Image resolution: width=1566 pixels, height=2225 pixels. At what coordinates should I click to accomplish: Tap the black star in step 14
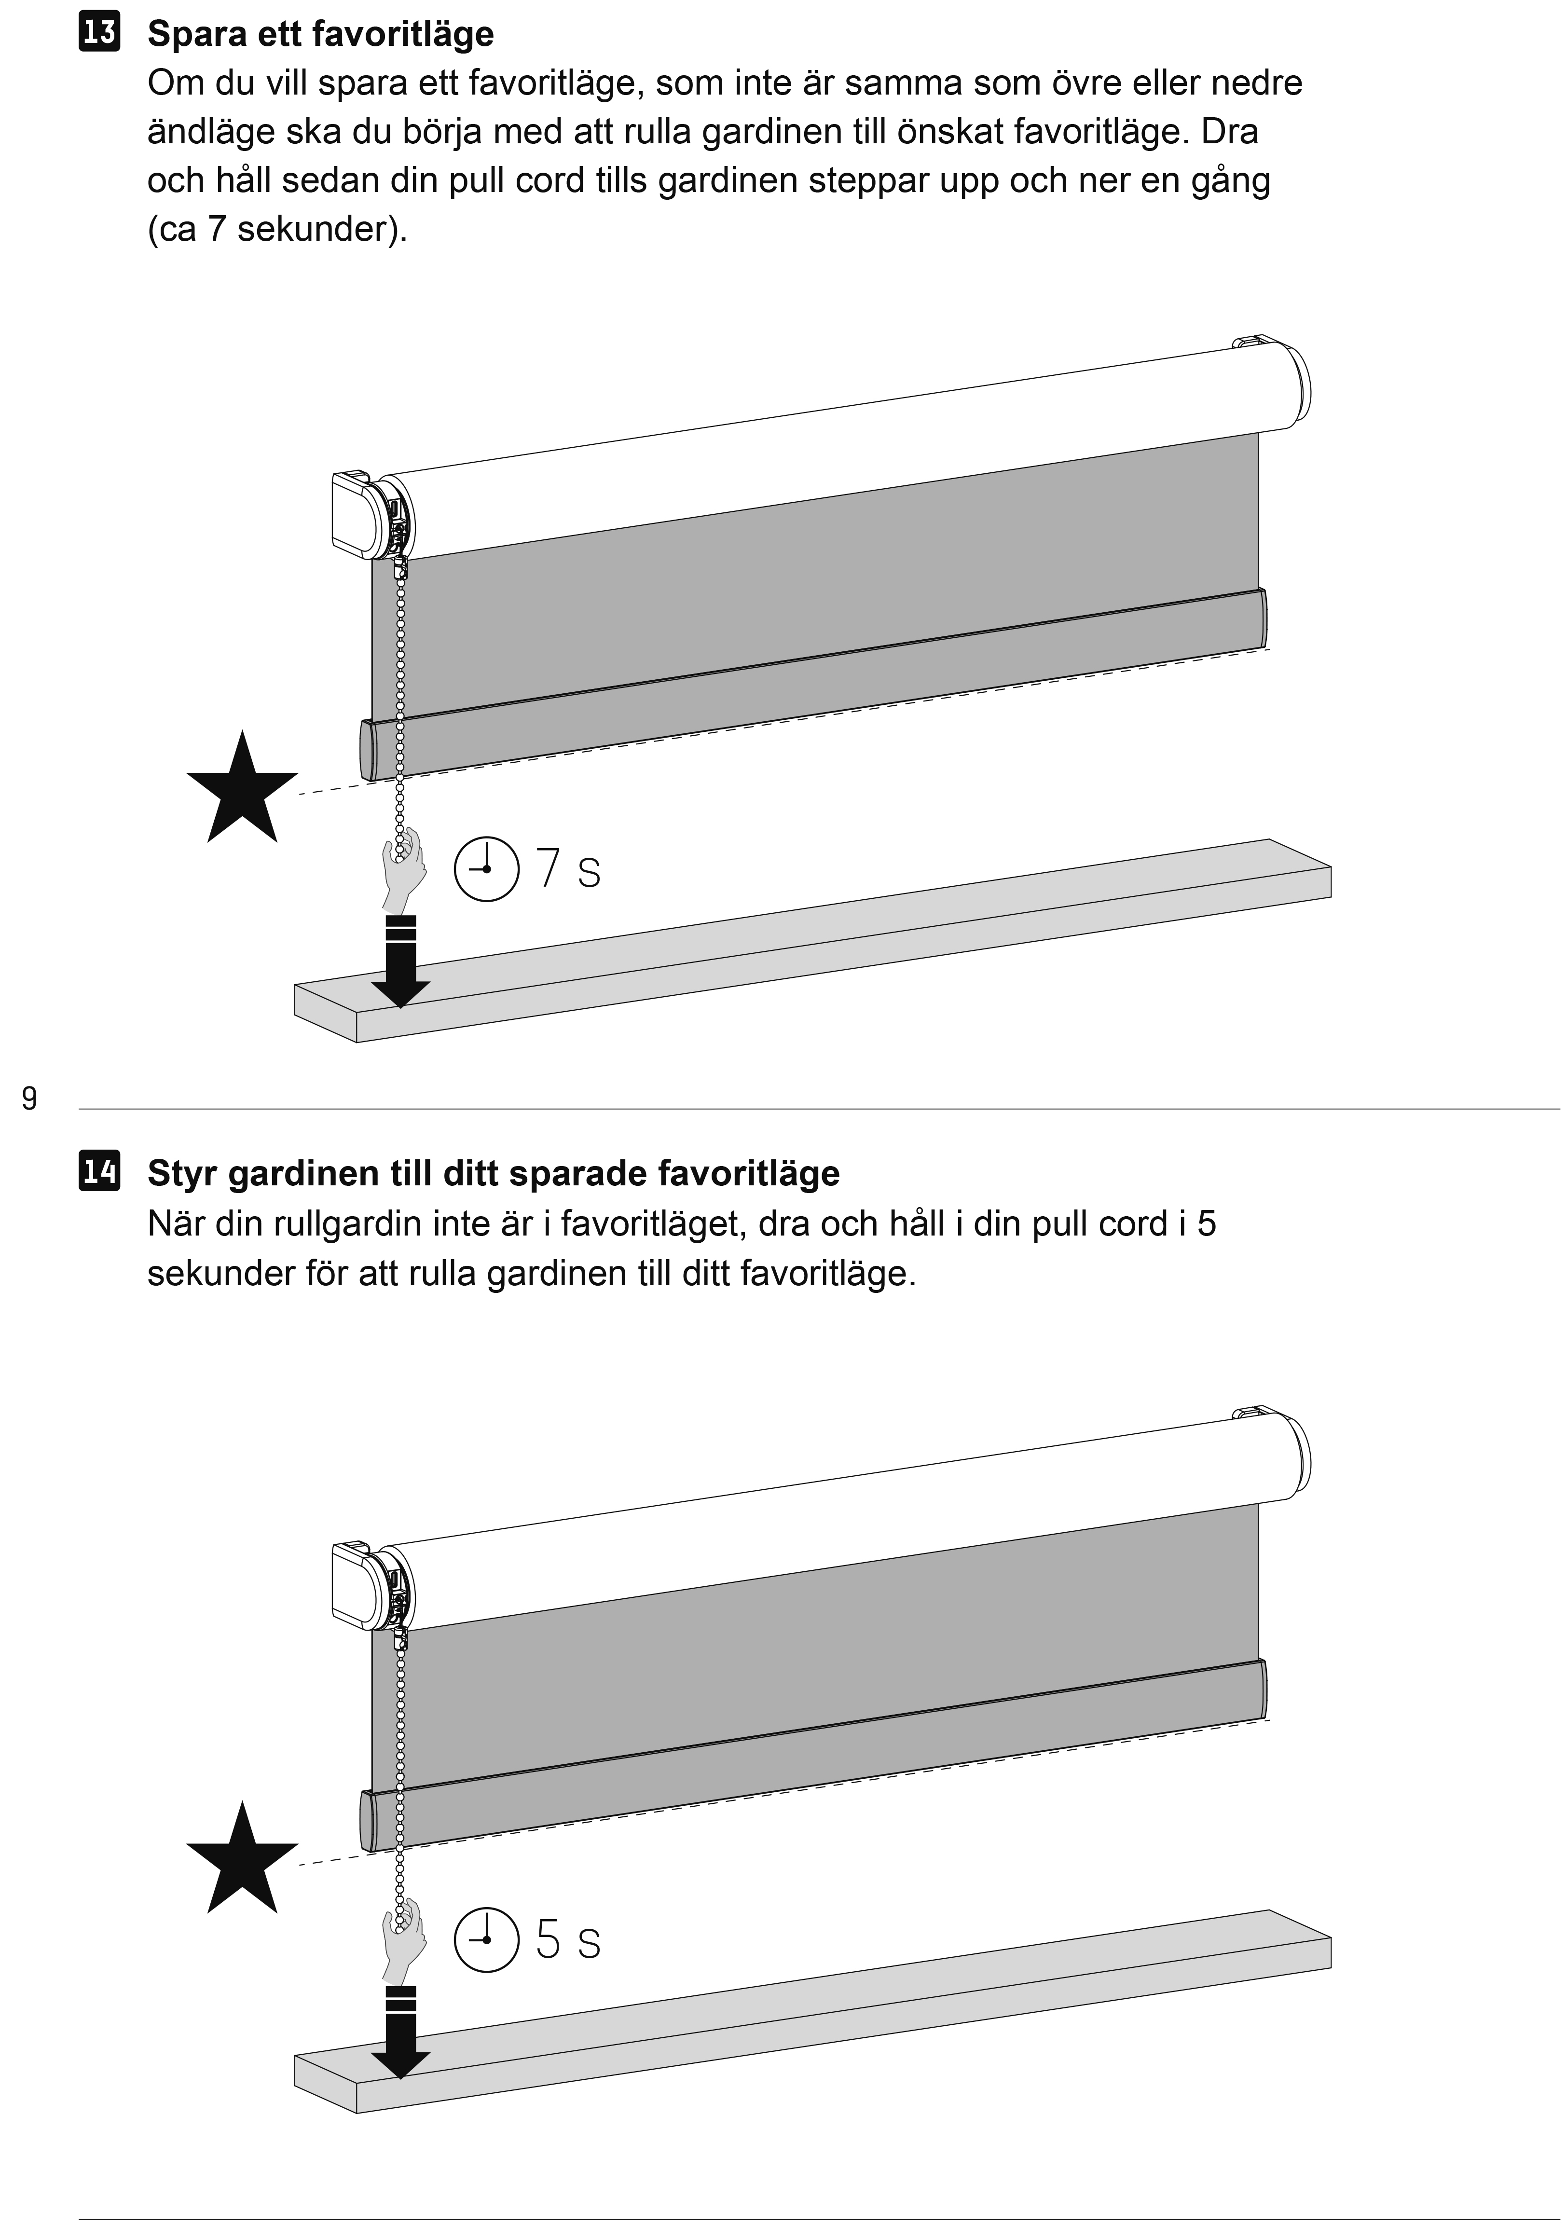coord(242,1859)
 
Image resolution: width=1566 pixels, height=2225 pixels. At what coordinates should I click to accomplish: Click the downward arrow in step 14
coord(400,2031)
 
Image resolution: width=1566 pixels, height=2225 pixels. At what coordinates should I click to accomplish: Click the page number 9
coord(29,1098)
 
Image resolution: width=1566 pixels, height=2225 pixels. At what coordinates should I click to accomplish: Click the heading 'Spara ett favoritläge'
coord(321,34)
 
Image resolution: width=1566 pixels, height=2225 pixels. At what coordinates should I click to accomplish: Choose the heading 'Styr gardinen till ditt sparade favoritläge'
coord(493,1174)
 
